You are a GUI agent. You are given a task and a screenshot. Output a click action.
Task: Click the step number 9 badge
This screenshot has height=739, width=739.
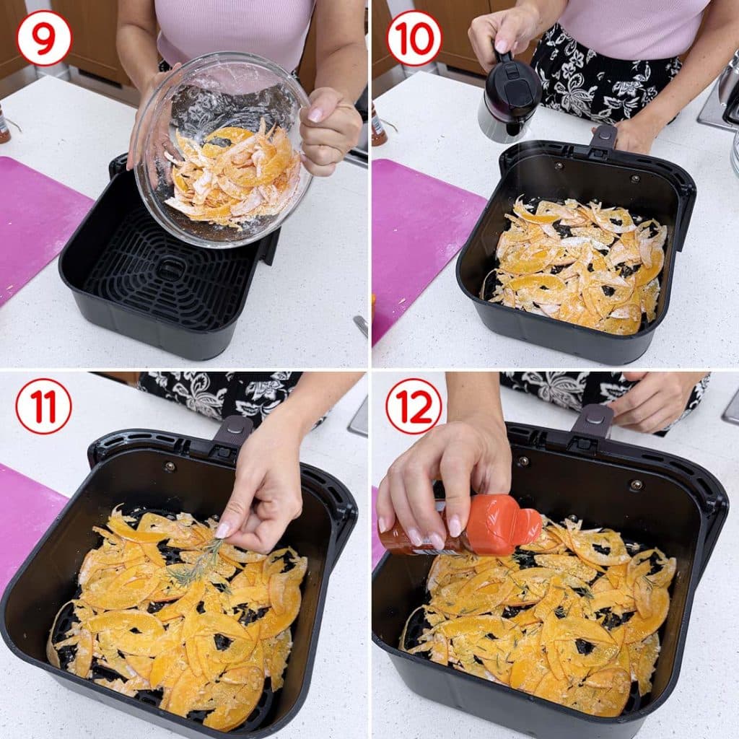click(x=44, y=38)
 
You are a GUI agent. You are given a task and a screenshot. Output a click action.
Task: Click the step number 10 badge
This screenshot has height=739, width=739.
click(x=414, y=38)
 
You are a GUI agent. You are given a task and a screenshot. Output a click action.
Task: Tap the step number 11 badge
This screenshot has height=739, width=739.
click(x=43, y=406)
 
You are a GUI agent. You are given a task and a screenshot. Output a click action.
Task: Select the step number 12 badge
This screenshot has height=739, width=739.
click(x=414, y=406)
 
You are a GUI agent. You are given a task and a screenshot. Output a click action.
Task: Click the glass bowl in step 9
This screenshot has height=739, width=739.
click(x=222, y=151)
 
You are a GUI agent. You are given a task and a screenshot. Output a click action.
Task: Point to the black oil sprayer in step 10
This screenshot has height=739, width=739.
click(x=509, y=97)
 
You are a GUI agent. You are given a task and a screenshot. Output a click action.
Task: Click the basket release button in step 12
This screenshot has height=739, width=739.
click(x=598, y=414)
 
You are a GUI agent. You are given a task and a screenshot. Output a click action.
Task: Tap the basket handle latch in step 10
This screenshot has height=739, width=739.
click(x=604, y=135)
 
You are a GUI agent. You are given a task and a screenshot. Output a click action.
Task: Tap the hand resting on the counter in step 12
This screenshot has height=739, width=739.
click(x=655, y=401)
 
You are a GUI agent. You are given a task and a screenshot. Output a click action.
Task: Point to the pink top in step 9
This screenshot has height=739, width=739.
click(x=236, y=29)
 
